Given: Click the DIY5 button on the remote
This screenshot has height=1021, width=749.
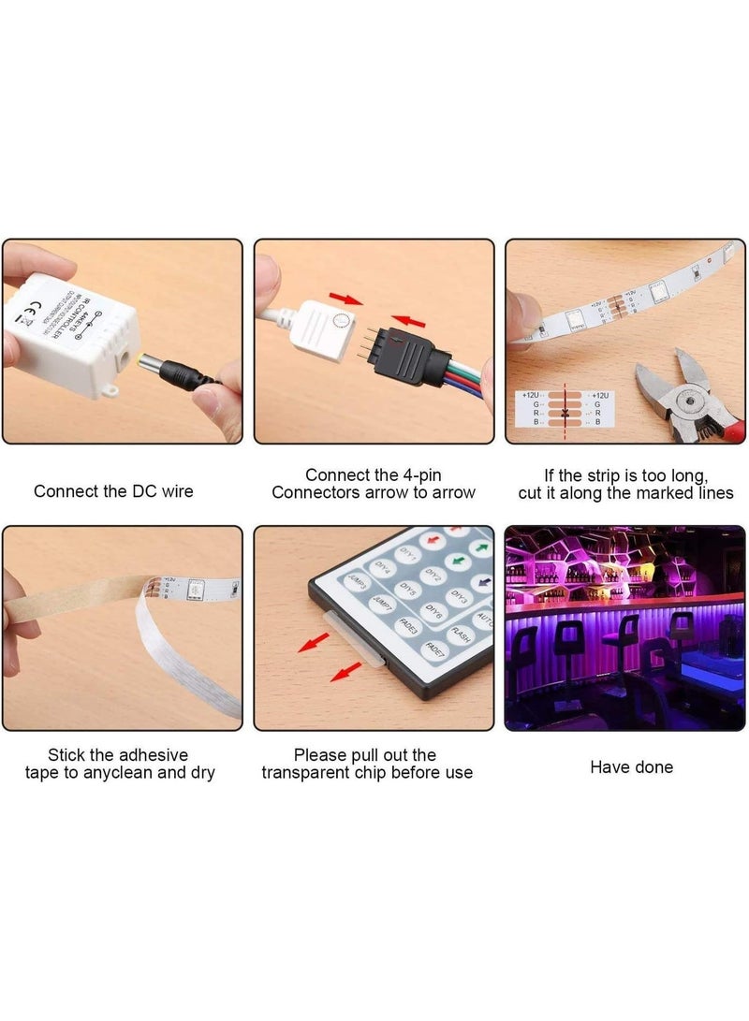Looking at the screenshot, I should click(x=407, y=590).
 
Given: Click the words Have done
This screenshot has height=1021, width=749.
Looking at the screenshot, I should click(x=631, y=766).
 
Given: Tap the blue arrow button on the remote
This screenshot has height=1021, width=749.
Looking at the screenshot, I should click(x=482, y=582).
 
